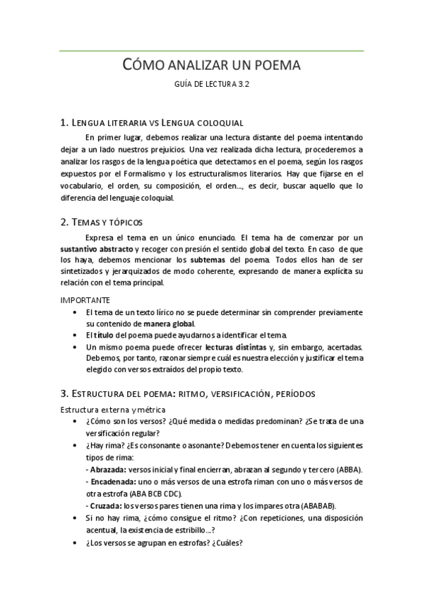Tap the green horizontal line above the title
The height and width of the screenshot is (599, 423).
211,51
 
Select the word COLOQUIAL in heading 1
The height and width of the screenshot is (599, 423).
218,123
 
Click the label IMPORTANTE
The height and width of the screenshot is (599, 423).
85,300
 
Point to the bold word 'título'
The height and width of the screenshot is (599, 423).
105,334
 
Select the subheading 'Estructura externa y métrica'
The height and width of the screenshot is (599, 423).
113,410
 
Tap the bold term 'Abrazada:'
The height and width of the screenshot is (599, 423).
106,469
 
